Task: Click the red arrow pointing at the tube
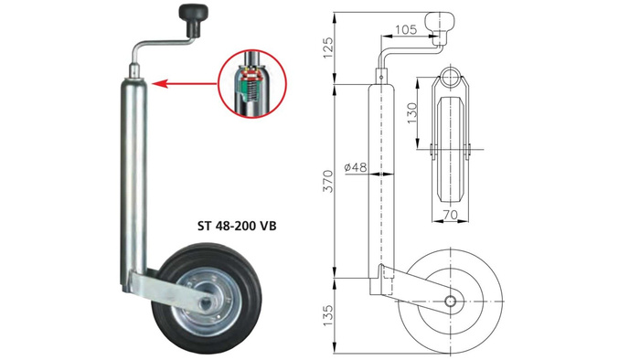click(x=183, y=83)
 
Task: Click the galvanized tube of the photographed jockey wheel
click(x=130, y=174)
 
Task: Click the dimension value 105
click(x=409, y=29)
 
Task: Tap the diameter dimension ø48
click(x=355, y=167)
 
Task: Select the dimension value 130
click(x=412, y=112)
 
